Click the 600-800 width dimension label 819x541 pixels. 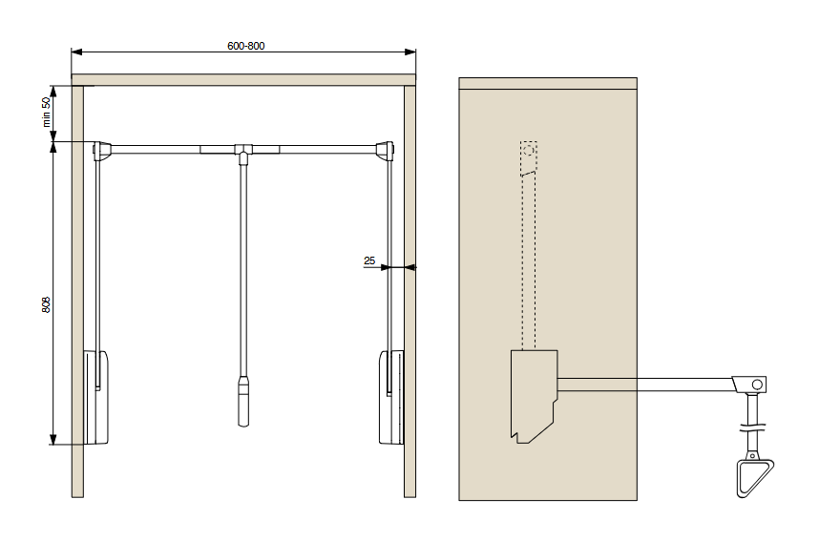click(x=245, y=46)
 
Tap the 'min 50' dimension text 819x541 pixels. click(x=47, y=113)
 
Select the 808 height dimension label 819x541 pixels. click(x=46, y=305)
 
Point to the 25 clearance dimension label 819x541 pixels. click(x=369, y=260)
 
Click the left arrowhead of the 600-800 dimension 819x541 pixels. click(x=76, y=52)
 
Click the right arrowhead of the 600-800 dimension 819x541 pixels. click(x=410, y=52)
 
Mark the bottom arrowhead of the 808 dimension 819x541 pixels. click(x=52, y=439)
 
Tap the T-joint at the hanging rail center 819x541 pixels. click(x=242, y=151)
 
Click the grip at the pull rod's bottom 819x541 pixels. click(x=243, y=401)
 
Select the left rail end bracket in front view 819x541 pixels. click(x=102, y=151)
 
